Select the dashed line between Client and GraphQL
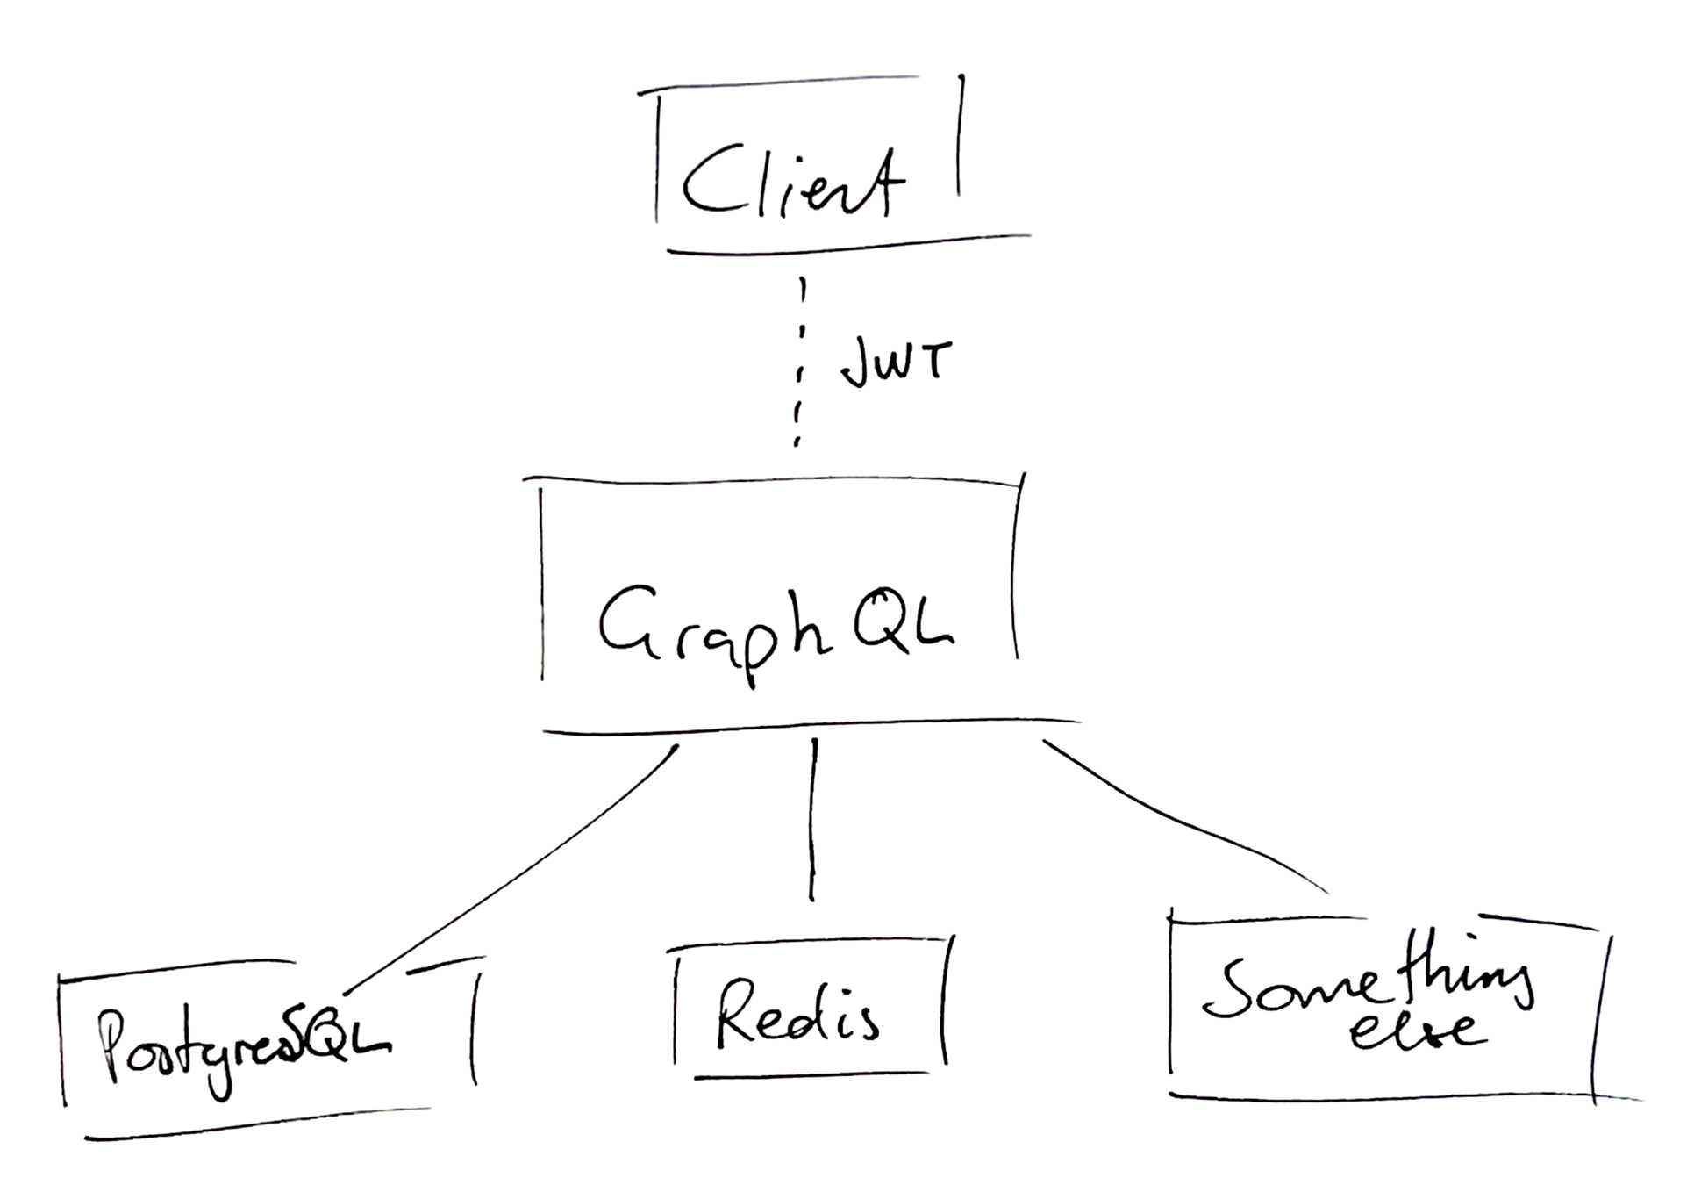point(800,360)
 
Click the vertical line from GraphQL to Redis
point(813,821)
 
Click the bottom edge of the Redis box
point(811,1074)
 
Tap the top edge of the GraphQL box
point(772,480)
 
